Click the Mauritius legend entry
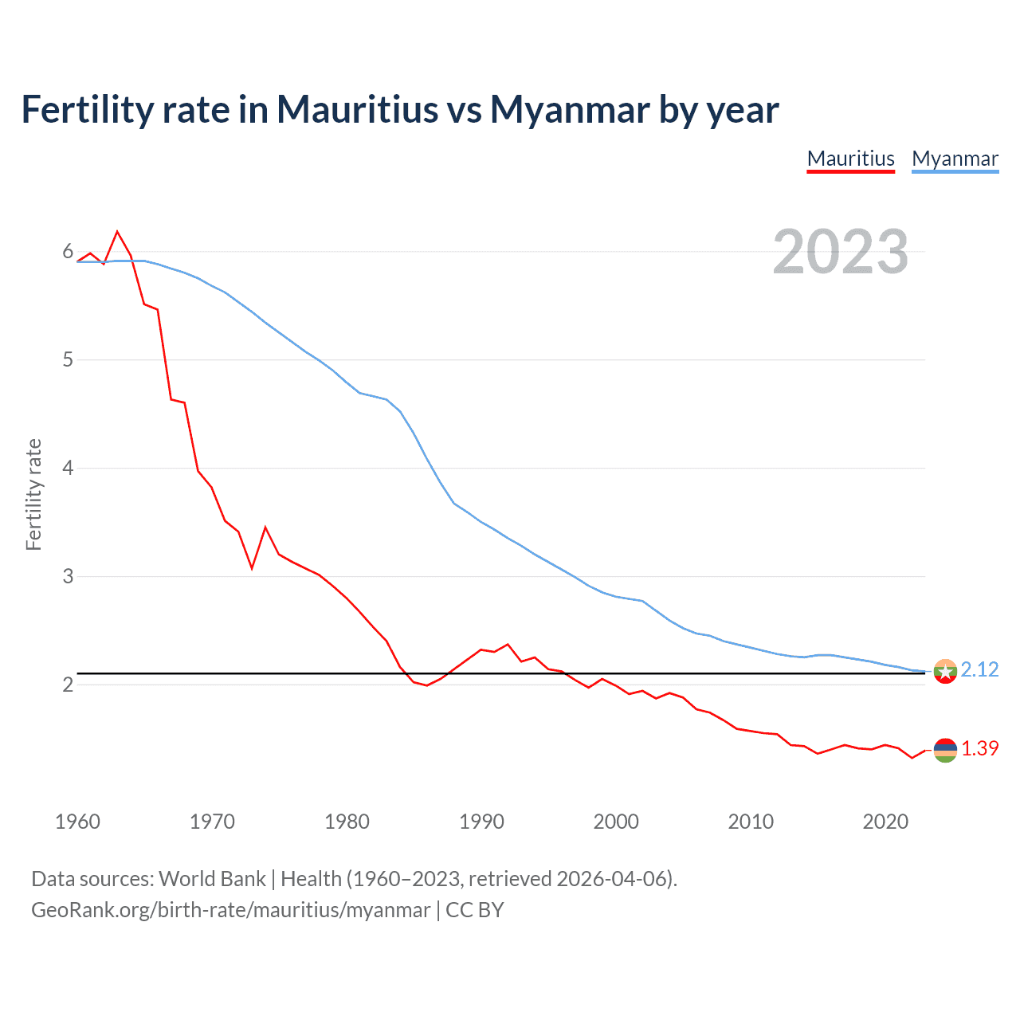click(x=850, y=159)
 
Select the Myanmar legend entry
click(x=955, y=159)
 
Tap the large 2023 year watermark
click(x=840, y=252)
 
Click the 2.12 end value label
click(x=979, y=669)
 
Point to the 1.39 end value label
click(x=979, y=748)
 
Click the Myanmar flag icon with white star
click(x=945, y=672)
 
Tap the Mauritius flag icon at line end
click(x=945, y=750)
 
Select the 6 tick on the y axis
click(x=68, y=252)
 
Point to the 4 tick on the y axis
click(x=68, y=468)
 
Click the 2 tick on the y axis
click(x=68, y=685)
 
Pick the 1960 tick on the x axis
click(x=77, y=822)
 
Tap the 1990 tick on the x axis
click(x=481, y=822)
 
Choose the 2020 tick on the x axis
click(x=885, y=822)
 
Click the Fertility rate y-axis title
click(x=33, y=494)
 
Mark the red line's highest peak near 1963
click(x=117, y=232)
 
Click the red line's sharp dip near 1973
click(x=252, y=568)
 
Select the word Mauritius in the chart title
click(x=357, y=109)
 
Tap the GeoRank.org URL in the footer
click(x=230, y=909)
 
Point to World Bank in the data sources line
click(x=212, y=878)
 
